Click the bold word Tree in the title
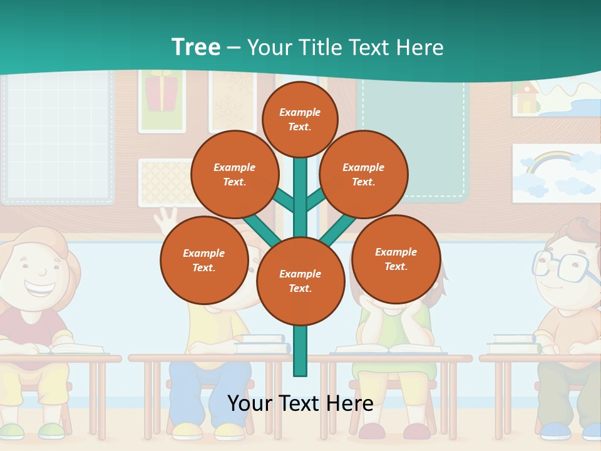pyautogui.click(x=196, y=47)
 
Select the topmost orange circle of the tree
pyautogui.click(x=300, y=119)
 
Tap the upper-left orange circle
pyautogui.click(x=235, y=174)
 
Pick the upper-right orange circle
pyautogui.click(x=364, y=174)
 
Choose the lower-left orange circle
pyautogui.click(x=204, y=260)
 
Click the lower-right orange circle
pyautogui.click(x=396, y=259)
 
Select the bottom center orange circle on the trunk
pyautogui.click(x=300, y=281)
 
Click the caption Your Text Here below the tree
pyautogui.click(x=300, y=403)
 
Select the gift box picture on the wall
pyautogui.click(x=162, y=92)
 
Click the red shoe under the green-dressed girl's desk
pyautogui.click(x=372, y=431)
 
